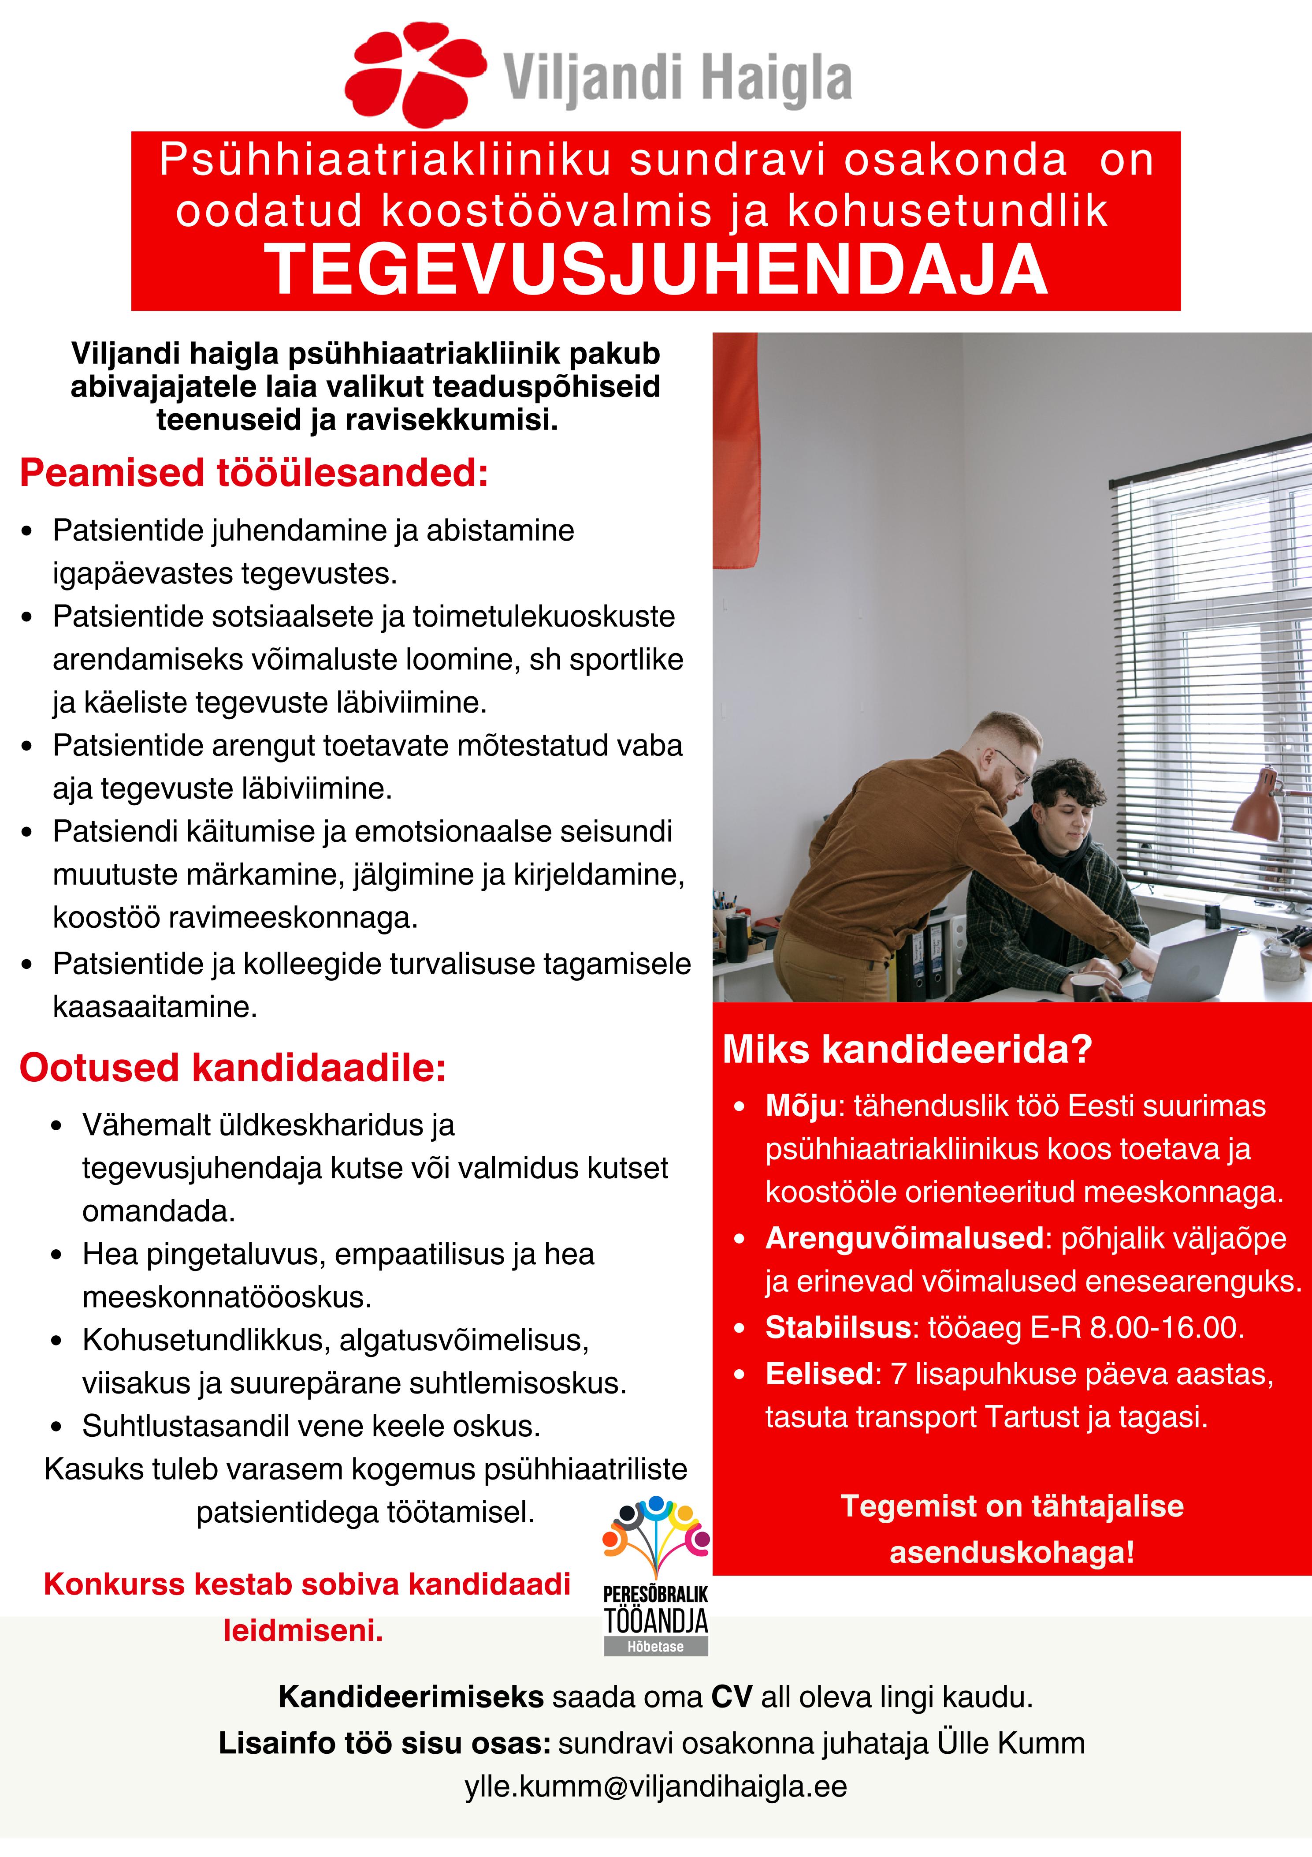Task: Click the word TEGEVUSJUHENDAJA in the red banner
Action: (656, 271)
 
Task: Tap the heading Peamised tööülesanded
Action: (254, 473)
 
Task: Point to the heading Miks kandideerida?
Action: (907, 1050)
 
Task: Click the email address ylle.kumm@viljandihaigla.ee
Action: (656, 1786)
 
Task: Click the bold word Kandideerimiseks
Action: (411, 1697)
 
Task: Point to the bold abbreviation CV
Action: (732, 1697)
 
